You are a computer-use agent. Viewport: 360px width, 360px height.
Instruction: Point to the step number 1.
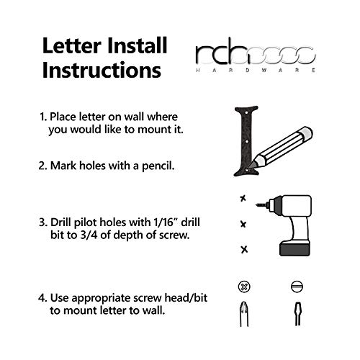click(x=42, y=117)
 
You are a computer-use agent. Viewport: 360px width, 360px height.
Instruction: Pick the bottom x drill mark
click(x=243, y=249)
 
